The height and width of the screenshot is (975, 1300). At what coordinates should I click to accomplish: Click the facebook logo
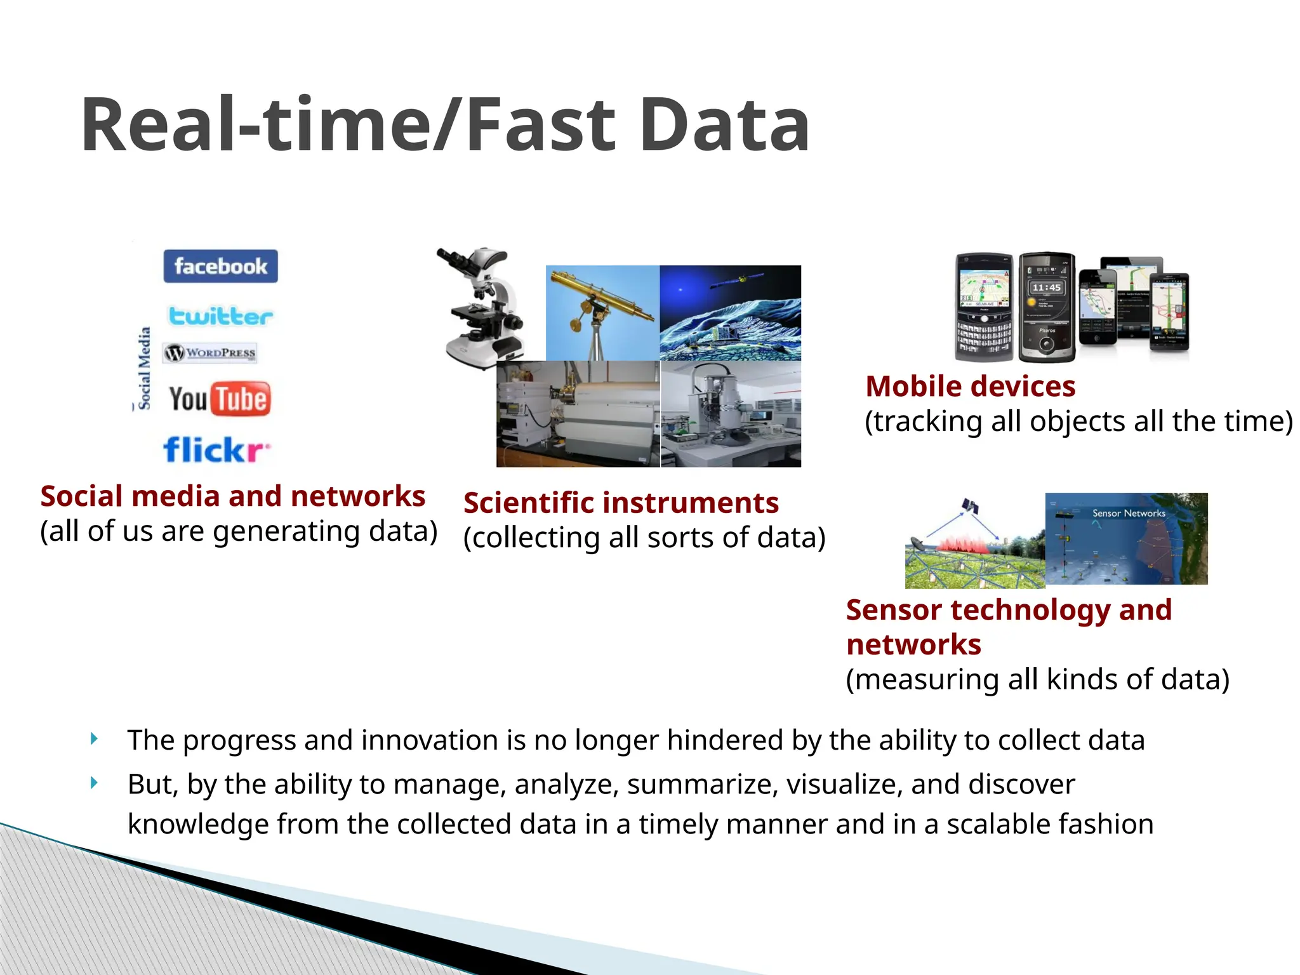tap(220, 266)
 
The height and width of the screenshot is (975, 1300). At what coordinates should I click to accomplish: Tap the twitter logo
tap(220, 315)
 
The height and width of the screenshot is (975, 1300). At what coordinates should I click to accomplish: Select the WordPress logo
tap(210, 352)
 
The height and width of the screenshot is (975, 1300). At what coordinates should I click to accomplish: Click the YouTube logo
tap(220, 399)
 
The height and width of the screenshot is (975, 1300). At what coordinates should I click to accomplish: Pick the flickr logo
tap(216, 449)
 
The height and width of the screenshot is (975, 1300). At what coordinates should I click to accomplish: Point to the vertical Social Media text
tap(145, 368)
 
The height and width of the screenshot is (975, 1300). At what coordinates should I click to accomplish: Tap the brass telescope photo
tap(602, 312)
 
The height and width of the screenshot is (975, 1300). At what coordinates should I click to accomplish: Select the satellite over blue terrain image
tap(730, 312)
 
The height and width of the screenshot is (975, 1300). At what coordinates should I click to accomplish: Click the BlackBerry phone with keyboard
tap(985, 307)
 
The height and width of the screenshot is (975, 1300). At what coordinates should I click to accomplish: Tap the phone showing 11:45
tap(1046, 307)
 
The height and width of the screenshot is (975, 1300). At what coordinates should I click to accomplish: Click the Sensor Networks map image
tap(1126, 538)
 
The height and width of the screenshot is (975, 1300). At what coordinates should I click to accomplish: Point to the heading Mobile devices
tap(970, 386)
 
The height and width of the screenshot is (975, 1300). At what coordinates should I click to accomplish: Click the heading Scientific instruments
tap(621, 503)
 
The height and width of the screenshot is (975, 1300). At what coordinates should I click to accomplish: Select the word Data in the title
tap(724, 124)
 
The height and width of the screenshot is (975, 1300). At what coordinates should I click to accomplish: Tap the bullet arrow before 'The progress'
tap(94, 738)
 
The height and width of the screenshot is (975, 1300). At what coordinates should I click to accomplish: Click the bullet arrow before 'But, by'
tap(94, 783)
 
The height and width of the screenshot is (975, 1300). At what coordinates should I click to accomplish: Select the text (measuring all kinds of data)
tap(1037, 679)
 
